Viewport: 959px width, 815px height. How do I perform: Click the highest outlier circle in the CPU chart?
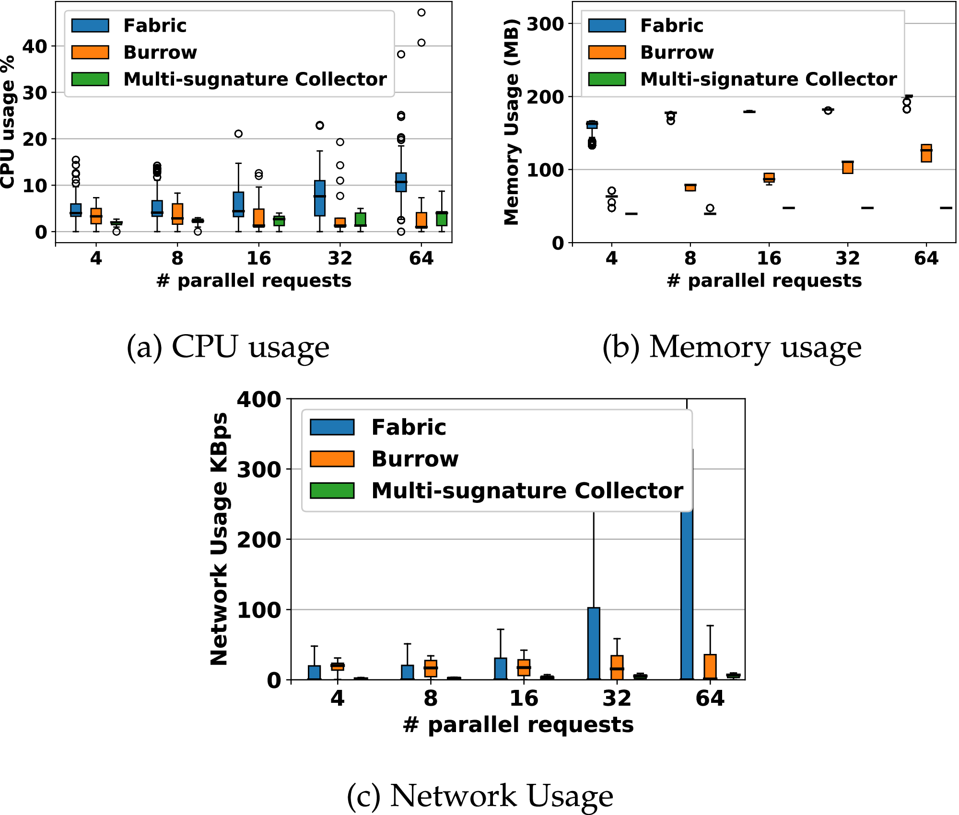[x=421, y=12]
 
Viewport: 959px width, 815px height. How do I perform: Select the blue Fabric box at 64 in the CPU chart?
[x=401, y=182]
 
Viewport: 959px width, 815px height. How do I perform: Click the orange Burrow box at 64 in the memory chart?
[x=926, y=153]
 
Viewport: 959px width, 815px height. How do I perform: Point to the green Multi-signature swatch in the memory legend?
[x=607, y=79]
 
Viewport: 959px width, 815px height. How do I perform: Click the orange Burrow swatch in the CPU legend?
[x=90, y=52]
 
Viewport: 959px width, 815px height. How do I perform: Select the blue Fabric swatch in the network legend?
[x=332, y=427]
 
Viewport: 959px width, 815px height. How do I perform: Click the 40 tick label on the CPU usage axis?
[x=35, y=47]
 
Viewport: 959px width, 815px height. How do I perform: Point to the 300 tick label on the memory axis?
[x=545, y=23]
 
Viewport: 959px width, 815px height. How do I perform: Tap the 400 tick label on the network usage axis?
[x=259, y=399]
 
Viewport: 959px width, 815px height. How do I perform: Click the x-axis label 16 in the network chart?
[x=524, y=699]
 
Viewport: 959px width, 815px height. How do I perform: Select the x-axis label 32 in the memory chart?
[x=847, y=258]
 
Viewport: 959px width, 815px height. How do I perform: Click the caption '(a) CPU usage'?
[x=228, y=347]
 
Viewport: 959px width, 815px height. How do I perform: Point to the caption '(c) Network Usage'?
[x=479, y=796]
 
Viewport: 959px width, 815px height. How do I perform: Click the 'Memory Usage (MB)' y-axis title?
[x=512, y=122]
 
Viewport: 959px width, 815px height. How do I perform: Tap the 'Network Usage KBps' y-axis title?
[x=219, y=539]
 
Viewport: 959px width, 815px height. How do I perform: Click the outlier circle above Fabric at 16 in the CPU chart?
[x=238, y=134]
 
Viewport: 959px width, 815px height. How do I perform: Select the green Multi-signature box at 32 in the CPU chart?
[x=361, y=220]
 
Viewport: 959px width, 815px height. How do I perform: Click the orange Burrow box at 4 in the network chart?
[x=338, y=666]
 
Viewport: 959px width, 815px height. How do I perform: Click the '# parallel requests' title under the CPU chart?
[x=254, y=280]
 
